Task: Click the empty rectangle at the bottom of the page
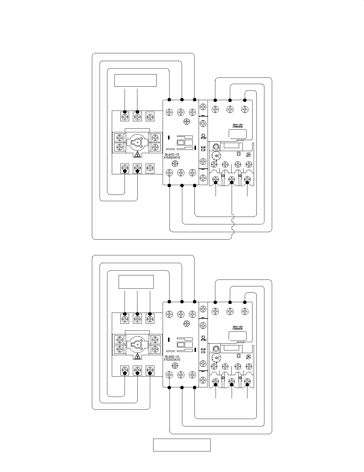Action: pos(182,445)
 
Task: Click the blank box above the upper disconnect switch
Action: pos(136,80)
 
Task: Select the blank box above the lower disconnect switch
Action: pos(136,282)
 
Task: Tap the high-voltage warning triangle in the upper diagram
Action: pos(137,155)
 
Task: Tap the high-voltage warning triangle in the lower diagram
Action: pos(137,357)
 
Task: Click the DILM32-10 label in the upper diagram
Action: pos(172,155)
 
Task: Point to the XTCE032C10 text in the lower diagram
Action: pos(172,360)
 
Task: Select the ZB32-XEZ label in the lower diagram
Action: pos(238,327)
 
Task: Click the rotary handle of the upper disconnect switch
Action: pos(137,143)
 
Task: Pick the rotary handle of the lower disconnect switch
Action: pos(137,345)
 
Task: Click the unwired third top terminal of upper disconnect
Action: pos(150,116)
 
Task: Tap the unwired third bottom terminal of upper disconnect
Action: pos(150,168)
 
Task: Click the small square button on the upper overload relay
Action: pos(238,154)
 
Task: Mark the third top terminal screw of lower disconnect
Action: pos(150,319)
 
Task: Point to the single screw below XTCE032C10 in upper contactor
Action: pos(175,163)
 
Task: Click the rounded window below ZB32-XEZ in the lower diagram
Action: pos(237,336)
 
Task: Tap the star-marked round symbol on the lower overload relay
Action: pos(249,356)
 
